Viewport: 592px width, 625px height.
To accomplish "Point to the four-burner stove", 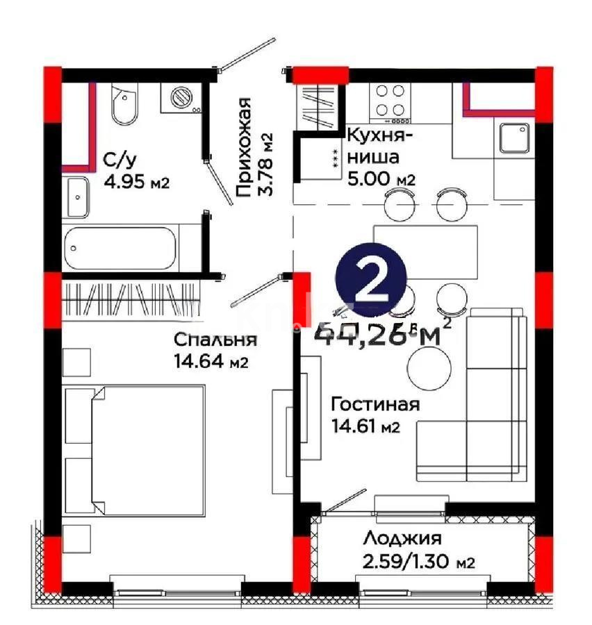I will [390, 100].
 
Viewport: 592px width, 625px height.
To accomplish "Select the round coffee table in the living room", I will [429, 367].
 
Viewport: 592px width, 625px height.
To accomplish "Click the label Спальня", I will [215, 340].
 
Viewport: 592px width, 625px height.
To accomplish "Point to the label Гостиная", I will [375, 404].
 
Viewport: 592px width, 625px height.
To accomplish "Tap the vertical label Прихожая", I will [243, 149].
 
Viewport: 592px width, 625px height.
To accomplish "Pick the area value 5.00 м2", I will [381, 178].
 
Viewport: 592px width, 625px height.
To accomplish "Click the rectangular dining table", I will [425, 251].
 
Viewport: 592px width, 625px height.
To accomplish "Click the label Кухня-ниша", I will [379, 146].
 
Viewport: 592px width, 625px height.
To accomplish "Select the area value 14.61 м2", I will [365, 426].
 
